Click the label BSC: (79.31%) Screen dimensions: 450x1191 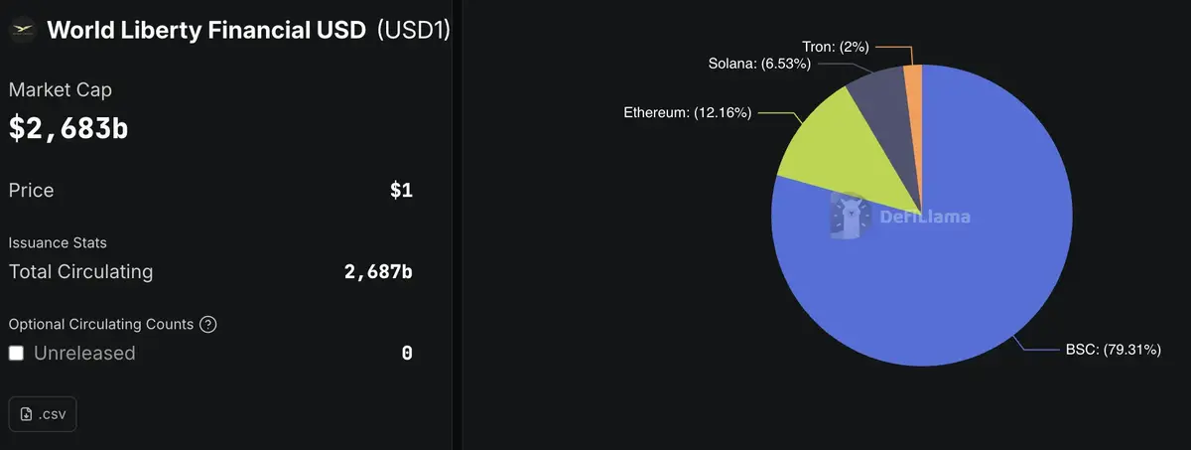pyautogui.click(x=1113, y=350)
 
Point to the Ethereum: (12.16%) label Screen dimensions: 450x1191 pyautogui.click(x=687, y=113)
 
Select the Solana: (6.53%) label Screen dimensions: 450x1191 pyautogui.click(x=759, y=65)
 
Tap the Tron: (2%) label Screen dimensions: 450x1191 pyautogui.click(x=836, y=46)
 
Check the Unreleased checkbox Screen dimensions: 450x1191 pyautogui.click(x=16, y=353)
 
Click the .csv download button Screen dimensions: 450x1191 pyautogui.click(x=43, y=414)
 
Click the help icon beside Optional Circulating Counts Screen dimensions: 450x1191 pyautogui.click(x=207, y=324)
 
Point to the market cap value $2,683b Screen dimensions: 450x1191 pyautogui.click(x=68, y=128)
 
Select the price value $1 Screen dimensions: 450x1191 pyautogui.click(x=401, y=191)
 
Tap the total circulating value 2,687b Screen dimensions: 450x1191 pyautogui.click(x=378, y=271)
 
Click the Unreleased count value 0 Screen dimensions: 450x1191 pyautogui.click(x=407, y=353)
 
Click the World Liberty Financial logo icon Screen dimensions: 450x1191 pyautogui.click(x=22, y=30)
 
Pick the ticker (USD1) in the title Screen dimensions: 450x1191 pyautogui.click(x=414, y=30)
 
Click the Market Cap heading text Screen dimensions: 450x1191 pyautogui.click(x=61, y=89)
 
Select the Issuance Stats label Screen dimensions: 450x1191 pyautogui.click(x=58, y=242)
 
